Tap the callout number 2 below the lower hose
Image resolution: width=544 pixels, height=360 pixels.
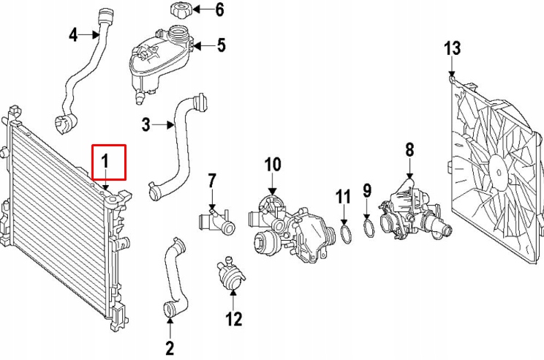click(x=170, y=348)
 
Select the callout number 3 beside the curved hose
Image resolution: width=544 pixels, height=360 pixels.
click(x=146, y=125)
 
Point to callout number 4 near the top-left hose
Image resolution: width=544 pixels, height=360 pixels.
click(x=73, y=34)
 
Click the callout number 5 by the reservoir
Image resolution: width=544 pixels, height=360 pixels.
click(x=221, y=45)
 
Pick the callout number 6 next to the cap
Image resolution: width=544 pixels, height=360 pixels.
click(x=219, y=10)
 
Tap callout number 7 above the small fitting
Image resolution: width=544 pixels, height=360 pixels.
click(x=212, y=179)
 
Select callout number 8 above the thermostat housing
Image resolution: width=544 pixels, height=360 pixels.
click(x=409, y=150)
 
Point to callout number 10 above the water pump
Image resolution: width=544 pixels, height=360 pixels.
click(x=272, y=164)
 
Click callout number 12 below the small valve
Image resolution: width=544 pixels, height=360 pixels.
click(x=233, y=319)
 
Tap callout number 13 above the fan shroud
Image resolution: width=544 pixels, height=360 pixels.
click(x=453, y=49)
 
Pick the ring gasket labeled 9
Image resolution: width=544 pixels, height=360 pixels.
click(x=369, y=230)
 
